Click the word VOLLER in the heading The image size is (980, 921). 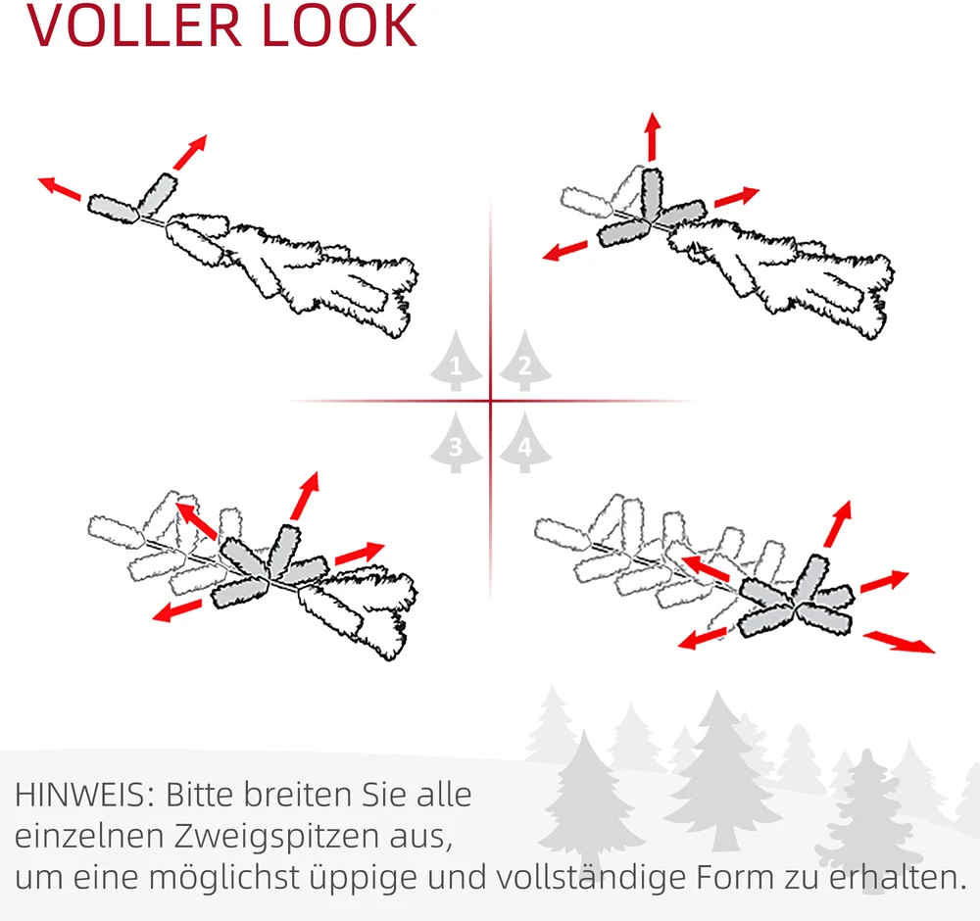[x=134, y=25]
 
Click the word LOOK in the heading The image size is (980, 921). [x=339, y=25]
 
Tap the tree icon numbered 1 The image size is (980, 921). [x=457, y=361]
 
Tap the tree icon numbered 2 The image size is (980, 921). [x=525, y=361]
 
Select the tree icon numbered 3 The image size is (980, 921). [x=457, y=443]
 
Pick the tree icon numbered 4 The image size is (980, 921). [x=525, y=443]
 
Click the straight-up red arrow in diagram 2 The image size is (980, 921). [x=653, y=136]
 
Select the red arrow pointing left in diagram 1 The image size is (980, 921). [x=60, y=188]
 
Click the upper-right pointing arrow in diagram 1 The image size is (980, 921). [x=190, y=152]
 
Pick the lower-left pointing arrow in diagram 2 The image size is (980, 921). [x=565, y=251]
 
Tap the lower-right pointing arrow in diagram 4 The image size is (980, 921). [x=899, y=643]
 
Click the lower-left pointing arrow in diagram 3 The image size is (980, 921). [x=177, y=610]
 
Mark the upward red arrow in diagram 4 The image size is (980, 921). [x=838, y=523]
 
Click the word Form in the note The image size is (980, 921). [x=735, y=877]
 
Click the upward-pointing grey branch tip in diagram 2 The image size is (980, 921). [x=652, y=194]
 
